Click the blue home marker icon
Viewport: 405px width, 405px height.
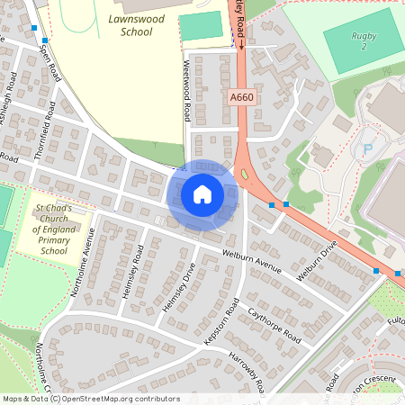[x=202, y=193]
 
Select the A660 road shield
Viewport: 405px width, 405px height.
[x=241, y=96]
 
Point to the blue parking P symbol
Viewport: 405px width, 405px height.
[x=366, y=148]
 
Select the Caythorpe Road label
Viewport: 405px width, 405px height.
[x=274, y=327]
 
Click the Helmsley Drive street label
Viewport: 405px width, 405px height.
[x=177, y=290]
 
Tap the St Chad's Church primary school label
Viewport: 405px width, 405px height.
[x=53, y=229]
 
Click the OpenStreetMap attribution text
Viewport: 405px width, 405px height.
[x=91, y=398]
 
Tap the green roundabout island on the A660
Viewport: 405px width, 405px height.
[x=243, y=173]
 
